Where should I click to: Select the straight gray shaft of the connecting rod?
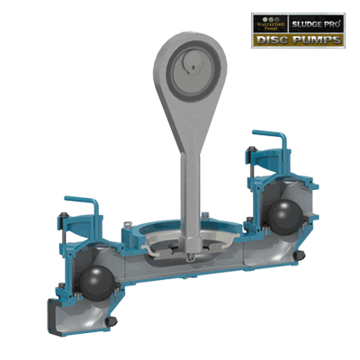(x=189, y=184)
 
